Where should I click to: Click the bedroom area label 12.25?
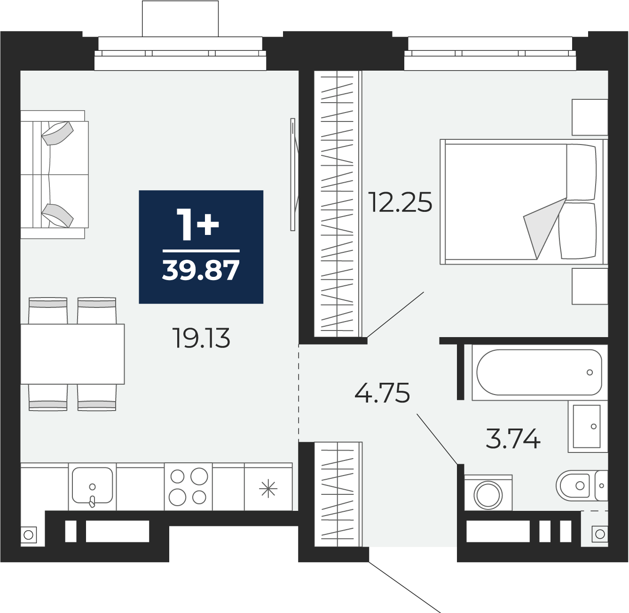400,202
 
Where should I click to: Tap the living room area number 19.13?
201,338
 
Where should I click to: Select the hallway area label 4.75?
382,393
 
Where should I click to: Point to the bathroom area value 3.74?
513,438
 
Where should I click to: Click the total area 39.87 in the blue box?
201,270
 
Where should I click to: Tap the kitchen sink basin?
93,485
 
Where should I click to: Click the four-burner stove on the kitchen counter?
189,486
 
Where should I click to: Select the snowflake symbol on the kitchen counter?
268,489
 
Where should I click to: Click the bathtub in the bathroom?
539,372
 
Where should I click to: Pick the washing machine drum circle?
488,495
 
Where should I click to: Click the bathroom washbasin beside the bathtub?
588,426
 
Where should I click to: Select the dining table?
72,354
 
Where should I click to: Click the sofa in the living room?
55,175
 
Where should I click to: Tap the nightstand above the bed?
590,117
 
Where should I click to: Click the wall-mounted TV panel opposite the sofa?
293,175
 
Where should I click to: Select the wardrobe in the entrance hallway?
338,494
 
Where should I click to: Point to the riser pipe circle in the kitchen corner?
29,535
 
